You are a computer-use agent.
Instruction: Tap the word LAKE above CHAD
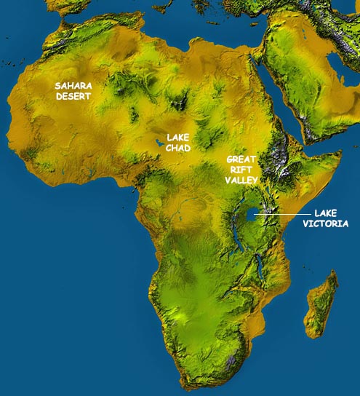click(x=178, y=137)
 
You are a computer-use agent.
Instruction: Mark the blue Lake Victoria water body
click(x=252, y=215)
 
